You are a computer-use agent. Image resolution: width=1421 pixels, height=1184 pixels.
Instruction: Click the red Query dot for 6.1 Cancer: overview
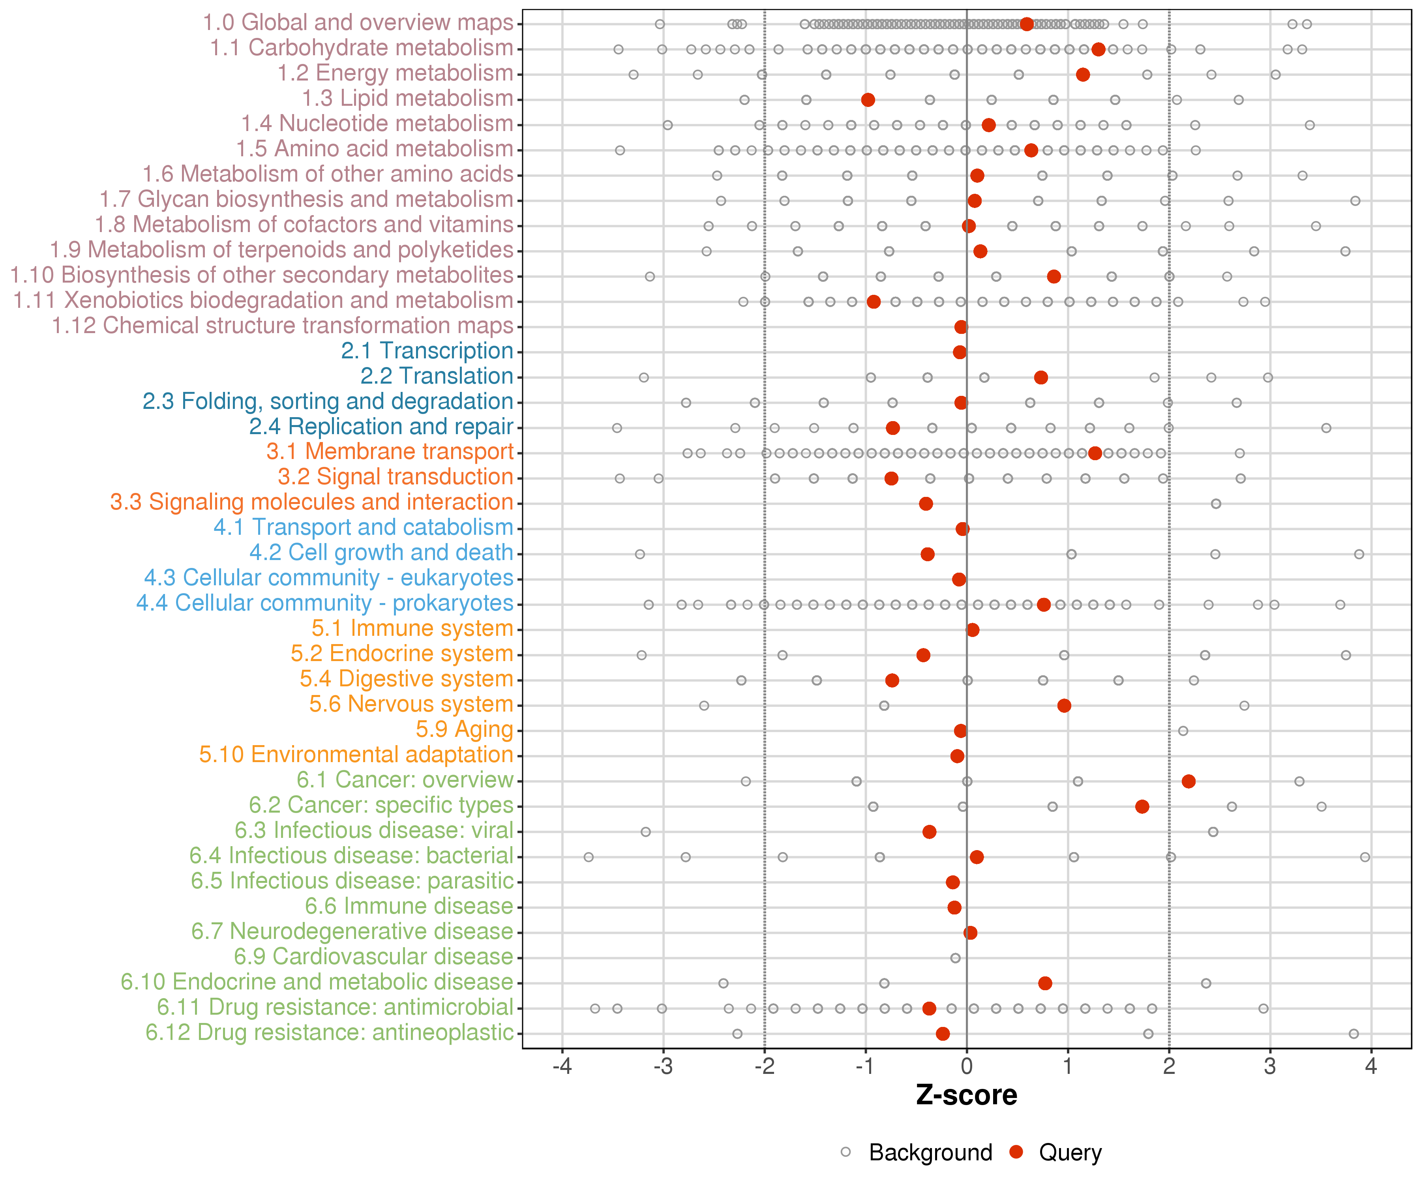tap(1188, 781)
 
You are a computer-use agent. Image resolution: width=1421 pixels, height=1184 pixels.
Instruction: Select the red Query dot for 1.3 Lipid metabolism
tap(868, 100)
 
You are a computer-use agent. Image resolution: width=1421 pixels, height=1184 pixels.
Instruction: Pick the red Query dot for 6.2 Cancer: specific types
tap(1142, 806)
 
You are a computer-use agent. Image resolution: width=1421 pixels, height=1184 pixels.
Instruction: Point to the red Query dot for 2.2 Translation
tap(1041, 378)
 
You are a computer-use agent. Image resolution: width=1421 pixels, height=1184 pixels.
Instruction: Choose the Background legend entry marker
tap(846, 1152)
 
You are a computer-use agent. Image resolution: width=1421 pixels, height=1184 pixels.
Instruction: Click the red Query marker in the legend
tap(1016, 1152)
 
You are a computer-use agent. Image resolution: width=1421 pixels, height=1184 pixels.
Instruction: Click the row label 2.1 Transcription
tap(427, 351)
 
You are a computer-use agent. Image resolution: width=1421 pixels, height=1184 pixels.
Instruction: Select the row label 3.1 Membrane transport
tap(390, 452)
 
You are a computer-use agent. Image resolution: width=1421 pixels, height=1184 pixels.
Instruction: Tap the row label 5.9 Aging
tap(464, 730)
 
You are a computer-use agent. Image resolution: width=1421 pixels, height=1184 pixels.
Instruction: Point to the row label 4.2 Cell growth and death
tap(381, 553)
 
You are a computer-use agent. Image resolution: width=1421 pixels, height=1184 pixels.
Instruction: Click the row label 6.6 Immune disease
tap(409, 907)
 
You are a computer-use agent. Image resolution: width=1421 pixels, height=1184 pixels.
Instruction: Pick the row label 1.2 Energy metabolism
tap(395, 73)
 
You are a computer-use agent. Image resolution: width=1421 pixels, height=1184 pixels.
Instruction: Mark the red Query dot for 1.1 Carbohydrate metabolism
tap(1098, 49)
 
